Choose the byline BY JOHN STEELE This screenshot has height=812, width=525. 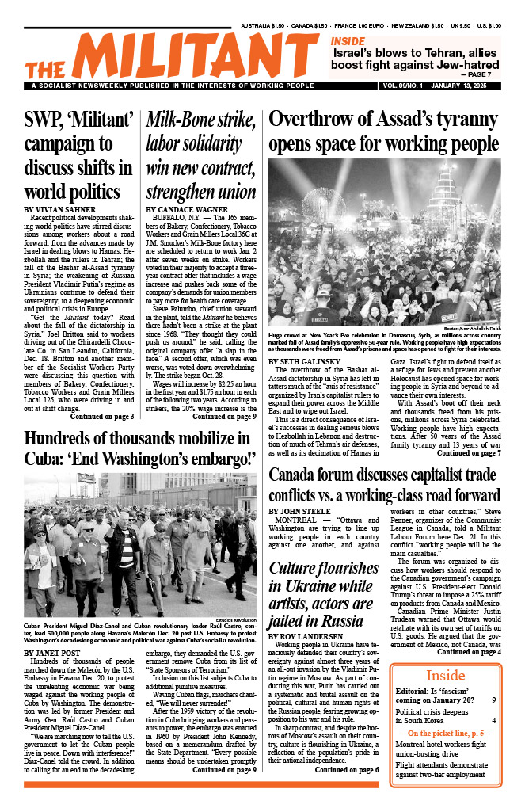click(x=301, y=511)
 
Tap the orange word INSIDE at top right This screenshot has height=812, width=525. click(x=348, y=41)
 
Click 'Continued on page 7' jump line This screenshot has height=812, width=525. click(x=469, y=453)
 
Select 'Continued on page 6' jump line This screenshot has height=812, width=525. click(x=347, y=770)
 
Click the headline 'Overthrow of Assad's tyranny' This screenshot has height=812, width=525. click(x=372, y=119)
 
